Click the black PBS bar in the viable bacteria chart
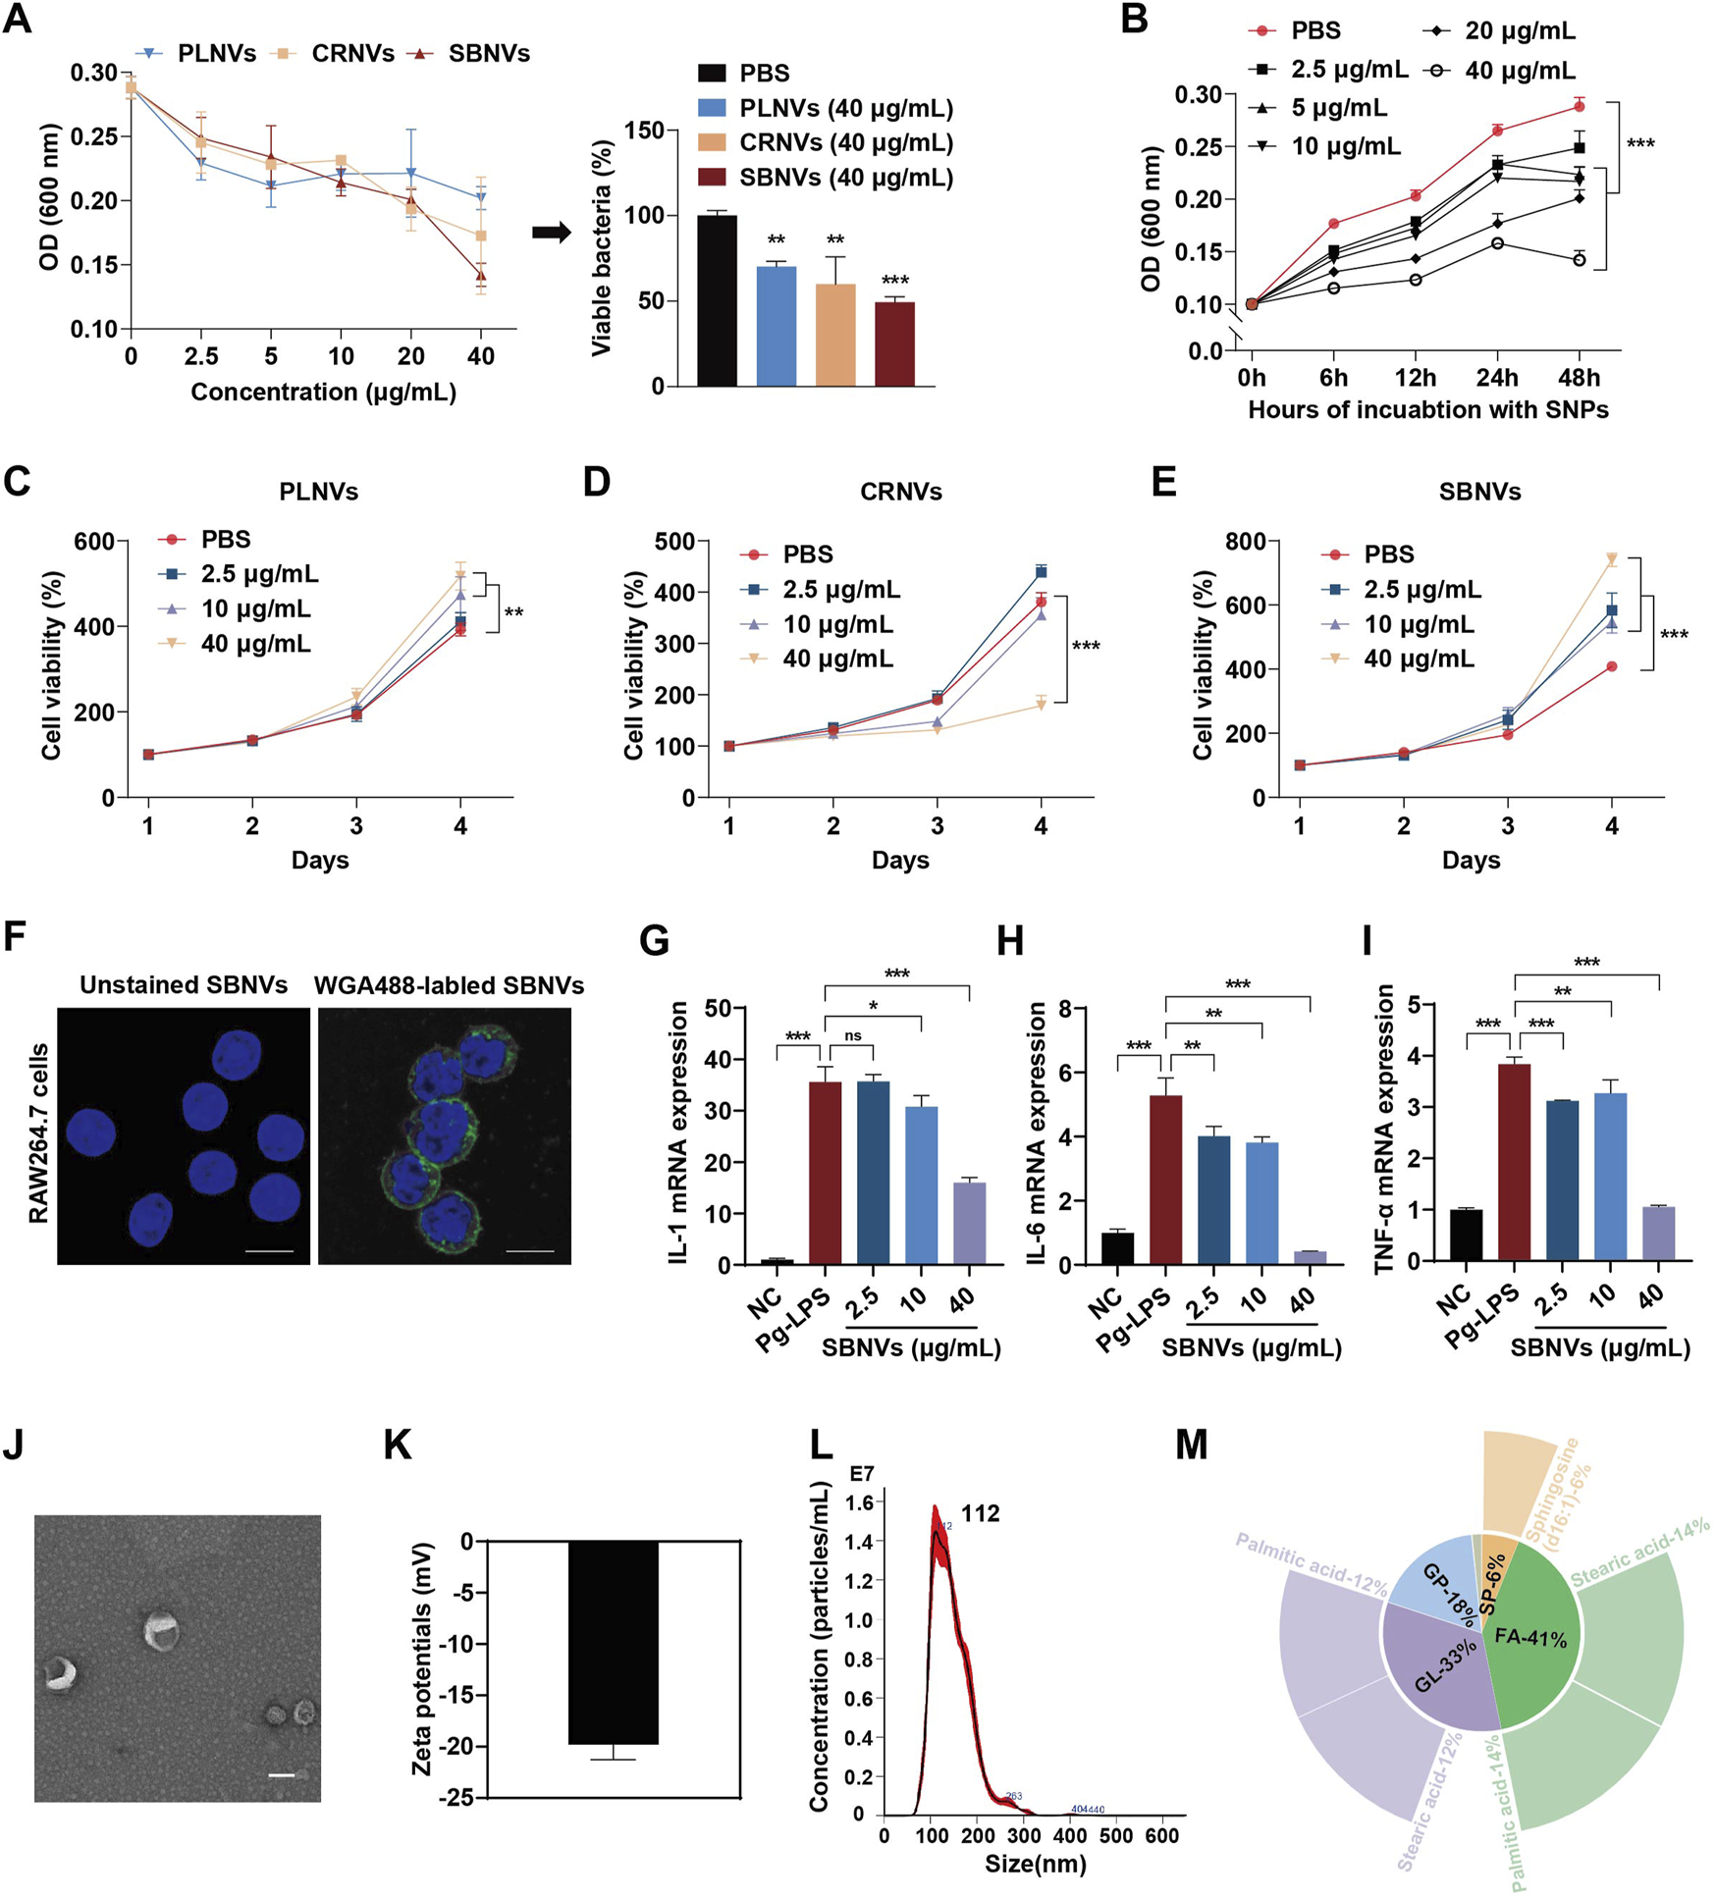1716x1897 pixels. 717,300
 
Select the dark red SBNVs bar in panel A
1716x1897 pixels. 894,343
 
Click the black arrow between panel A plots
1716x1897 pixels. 552,233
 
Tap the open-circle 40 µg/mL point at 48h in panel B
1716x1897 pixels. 1579,259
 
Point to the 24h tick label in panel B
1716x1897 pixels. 1496,378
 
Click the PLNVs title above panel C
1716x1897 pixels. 319,491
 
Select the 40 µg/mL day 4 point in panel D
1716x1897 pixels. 1042,704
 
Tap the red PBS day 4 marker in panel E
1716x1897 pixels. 1611,666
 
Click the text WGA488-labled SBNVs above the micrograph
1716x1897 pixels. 449,985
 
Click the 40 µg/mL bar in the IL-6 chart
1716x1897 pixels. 1310,1257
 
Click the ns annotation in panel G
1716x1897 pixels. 853,1035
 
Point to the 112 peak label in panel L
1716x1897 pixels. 980,1513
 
